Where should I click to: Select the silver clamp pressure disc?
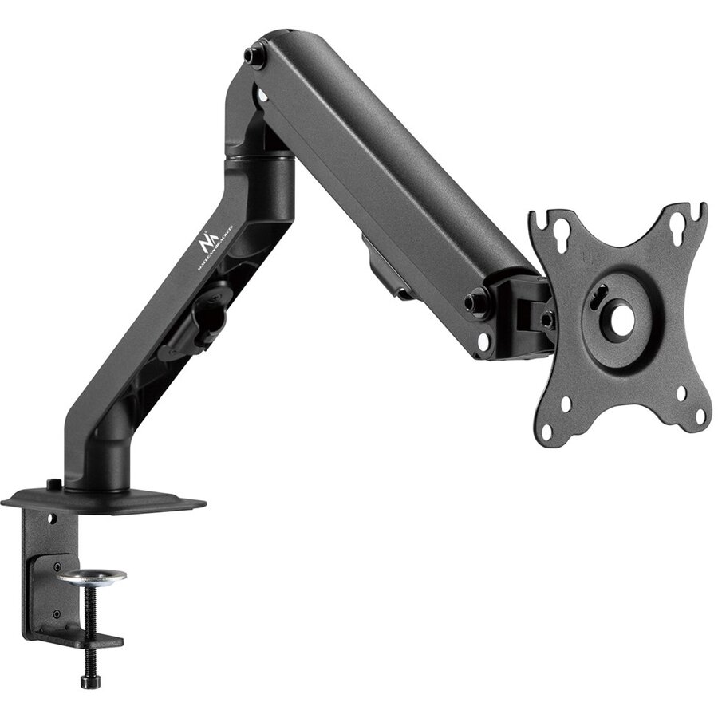coord(92,575)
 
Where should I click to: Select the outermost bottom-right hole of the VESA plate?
coord(700,416)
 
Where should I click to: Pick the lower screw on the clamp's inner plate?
coord(56,613)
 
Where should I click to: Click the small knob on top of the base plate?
coord(53,483)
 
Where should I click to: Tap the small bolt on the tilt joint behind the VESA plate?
coord(546,319)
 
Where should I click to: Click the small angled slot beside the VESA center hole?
coord(599,293)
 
